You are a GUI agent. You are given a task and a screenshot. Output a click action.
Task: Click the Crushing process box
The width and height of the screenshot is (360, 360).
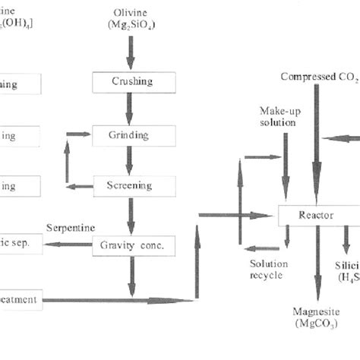(x=134, y=81)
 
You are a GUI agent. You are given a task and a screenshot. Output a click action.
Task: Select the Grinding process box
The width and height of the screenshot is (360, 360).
(x=134, y=136)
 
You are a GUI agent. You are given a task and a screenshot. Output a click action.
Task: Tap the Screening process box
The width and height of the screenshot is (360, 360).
(x=134, y=185)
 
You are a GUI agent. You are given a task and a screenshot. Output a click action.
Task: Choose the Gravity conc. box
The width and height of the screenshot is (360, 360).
(x=134, y=245)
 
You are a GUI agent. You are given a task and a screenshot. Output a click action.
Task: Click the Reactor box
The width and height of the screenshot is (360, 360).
(x=316, y=216)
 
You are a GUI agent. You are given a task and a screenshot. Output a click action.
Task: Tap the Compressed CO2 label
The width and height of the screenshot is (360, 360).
(x=317, y=77)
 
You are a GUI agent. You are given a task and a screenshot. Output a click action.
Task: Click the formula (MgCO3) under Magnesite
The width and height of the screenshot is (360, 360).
(x=315, y=324)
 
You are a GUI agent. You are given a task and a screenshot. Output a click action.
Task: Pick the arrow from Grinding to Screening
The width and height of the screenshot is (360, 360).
(x=130, y=161)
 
